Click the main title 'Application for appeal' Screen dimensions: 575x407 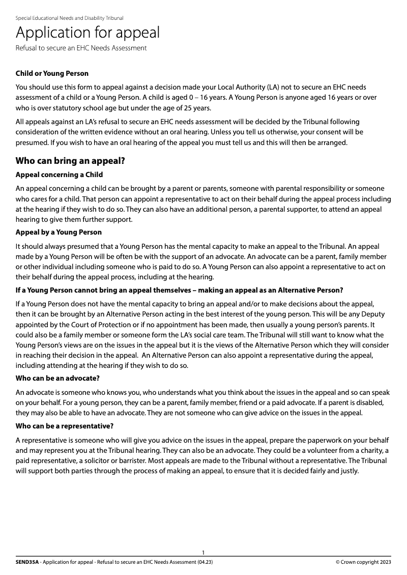88,33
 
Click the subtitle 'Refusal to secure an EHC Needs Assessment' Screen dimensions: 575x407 81,48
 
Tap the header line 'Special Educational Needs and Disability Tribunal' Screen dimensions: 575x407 69,18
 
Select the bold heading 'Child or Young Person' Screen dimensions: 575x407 52,74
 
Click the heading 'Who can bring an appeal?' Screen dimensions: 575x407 70,161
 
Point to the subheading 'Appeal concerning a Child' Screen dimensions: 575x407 59,175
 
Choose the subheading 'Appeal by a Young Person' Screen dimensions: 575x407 59,233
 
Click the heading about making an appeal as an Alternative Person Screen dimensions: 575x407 179,291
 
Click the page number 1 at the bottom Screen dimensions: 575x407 203,553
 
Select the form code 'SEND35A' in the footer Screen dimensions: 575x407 27,562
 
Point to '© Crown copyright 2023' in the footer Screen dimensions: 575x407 363,562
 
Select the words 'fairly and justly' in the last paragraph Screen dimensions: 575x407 335,471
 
